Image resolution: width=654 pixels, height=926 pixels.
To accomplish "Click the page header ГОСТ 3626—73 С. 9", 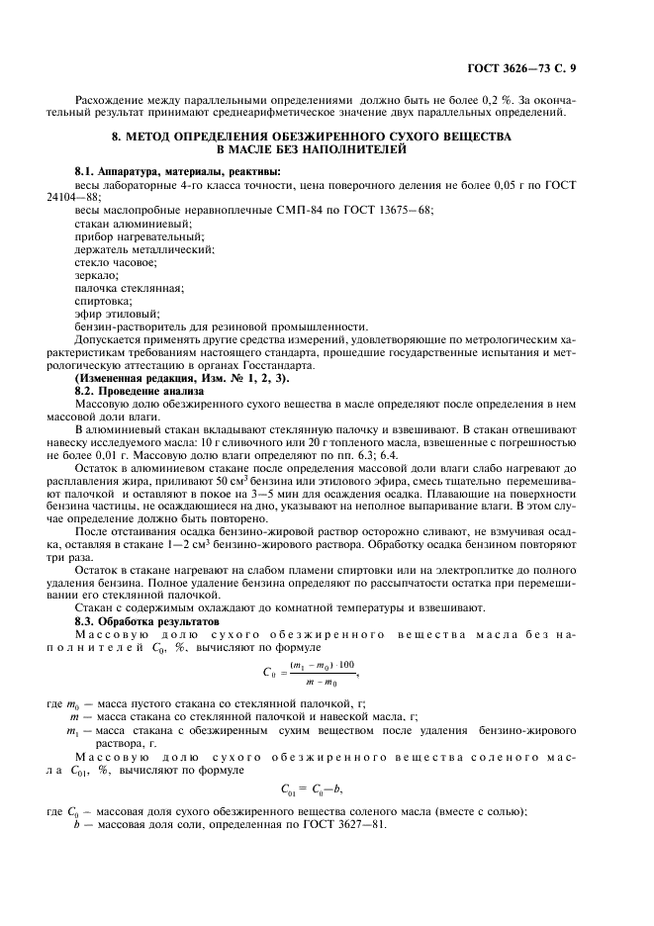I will [526, 68].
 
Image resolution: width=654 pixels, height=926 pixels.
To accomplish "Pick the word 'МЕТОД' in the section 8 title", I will [155, 135].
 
